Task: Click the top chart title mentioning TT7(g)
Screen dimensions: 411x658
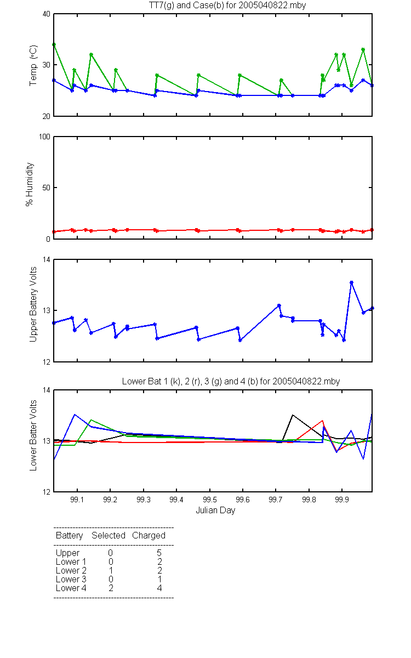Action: coord(227,5)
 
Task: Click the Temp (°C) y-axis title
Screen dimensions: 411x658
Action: coord(33,65)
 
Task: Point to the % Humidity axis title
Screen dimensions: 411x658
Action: coord(30,184)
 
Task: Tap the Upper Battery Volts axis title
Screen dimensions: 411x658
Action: coord(33,304)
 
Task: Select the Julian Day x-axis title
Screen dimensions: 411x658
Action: coord(215,510)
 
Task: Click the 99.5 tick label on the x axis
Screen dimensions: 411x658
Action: coord(209,500)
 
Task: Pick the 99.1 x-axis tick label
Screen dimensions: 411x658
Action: coord(77,500)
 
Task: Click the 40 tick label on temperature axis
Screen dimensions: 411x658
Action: coord(47,14)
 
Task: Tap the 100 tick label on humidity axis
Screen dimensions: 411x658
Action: coord(44,137)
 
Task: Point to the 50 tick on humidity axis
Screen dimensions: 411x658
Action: coord(47,188)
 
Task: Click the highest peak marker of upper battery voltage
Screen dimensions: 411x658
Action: coord(351,282)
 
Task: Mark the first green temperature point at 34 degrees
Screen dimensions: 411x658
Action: coord(54,44)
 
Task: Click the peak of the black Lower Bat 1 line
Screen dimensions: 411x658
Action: coord(293,415)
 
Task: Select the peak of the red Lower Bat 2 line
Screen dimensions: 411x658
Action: coord(323,421)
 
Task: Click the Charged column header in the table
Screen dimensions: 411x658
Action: coord(149,536)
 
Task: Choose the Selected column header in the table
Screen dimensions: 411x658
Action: coord(109,535)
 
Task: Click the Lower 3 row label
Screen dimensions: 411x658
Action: coord(71,579)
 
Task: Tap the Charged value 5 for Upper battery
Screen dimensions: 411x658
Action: coord(159,553)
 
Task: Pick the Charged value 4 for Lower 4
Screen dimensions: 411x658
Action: coord(159,588)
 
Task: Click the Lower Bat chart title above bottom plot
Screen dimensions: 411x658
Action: coord(231,381)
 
